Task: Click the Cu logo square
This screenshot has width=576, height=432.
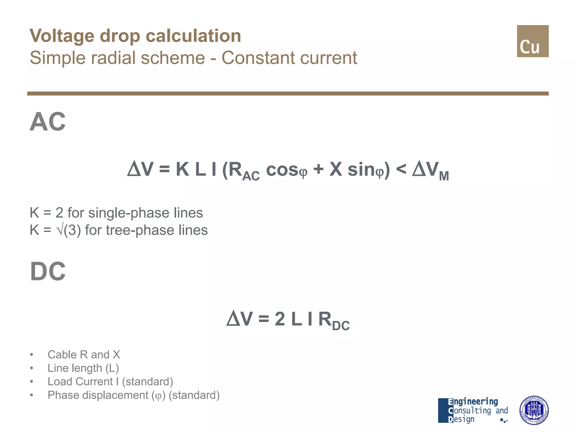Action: click(x=532, y=41)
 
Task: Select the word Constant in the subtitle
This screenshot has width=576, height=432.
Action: click(x=258, y=58)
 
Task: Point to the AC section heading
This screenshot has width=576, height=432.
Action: click(x=48, y=122)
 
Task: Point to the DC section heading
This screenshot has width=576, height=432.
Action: click(x=48, y=271)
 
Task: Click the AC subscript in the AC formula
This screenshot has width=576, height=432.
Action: click(x=251, y=176)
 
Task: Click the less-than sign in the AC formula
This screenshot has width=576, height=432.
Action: click(x=401, y=170)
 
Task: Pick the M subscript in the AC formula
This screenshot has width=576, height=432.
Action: click(x=444, y=176)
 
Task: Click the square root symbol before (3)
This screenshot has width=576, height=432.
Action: click(x=60, y=230)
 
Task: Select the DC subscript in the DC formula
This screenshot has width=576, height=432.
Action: click(x=341, y=326)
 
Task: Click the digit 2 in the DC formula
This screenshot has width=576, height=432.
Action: click(x=280, y=319)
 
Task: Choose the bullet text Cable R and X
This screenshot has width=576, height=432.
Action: click(x=84, y=355)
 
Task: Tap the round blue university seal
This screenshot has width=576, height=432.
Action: click(x=534, y=410)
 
